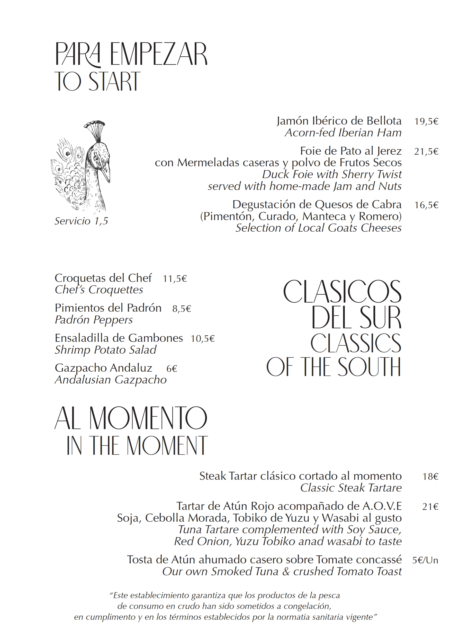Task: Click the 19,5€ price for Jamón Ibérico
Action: (x=426, y=121)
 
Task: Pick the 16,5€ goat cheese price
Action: (x=426, y=205)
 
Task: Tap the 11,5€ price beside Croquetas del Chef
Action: (x=175, y=278)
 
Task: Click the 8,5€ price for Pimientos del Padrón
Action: (x=182, y=308)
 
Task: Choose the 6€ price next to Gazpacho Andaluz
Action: (x=172, y=369)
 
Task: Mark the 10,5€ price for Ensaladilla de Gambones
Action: (x=202, y=338)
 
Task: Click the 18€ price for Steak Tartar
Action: (x=430, y=477)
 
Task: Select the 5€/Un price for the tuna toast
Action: (x=425, y=560)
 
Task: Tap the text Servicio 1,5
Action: (x=81, y=221)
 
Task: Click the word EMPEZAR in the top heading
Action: (x=158, y=54)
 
